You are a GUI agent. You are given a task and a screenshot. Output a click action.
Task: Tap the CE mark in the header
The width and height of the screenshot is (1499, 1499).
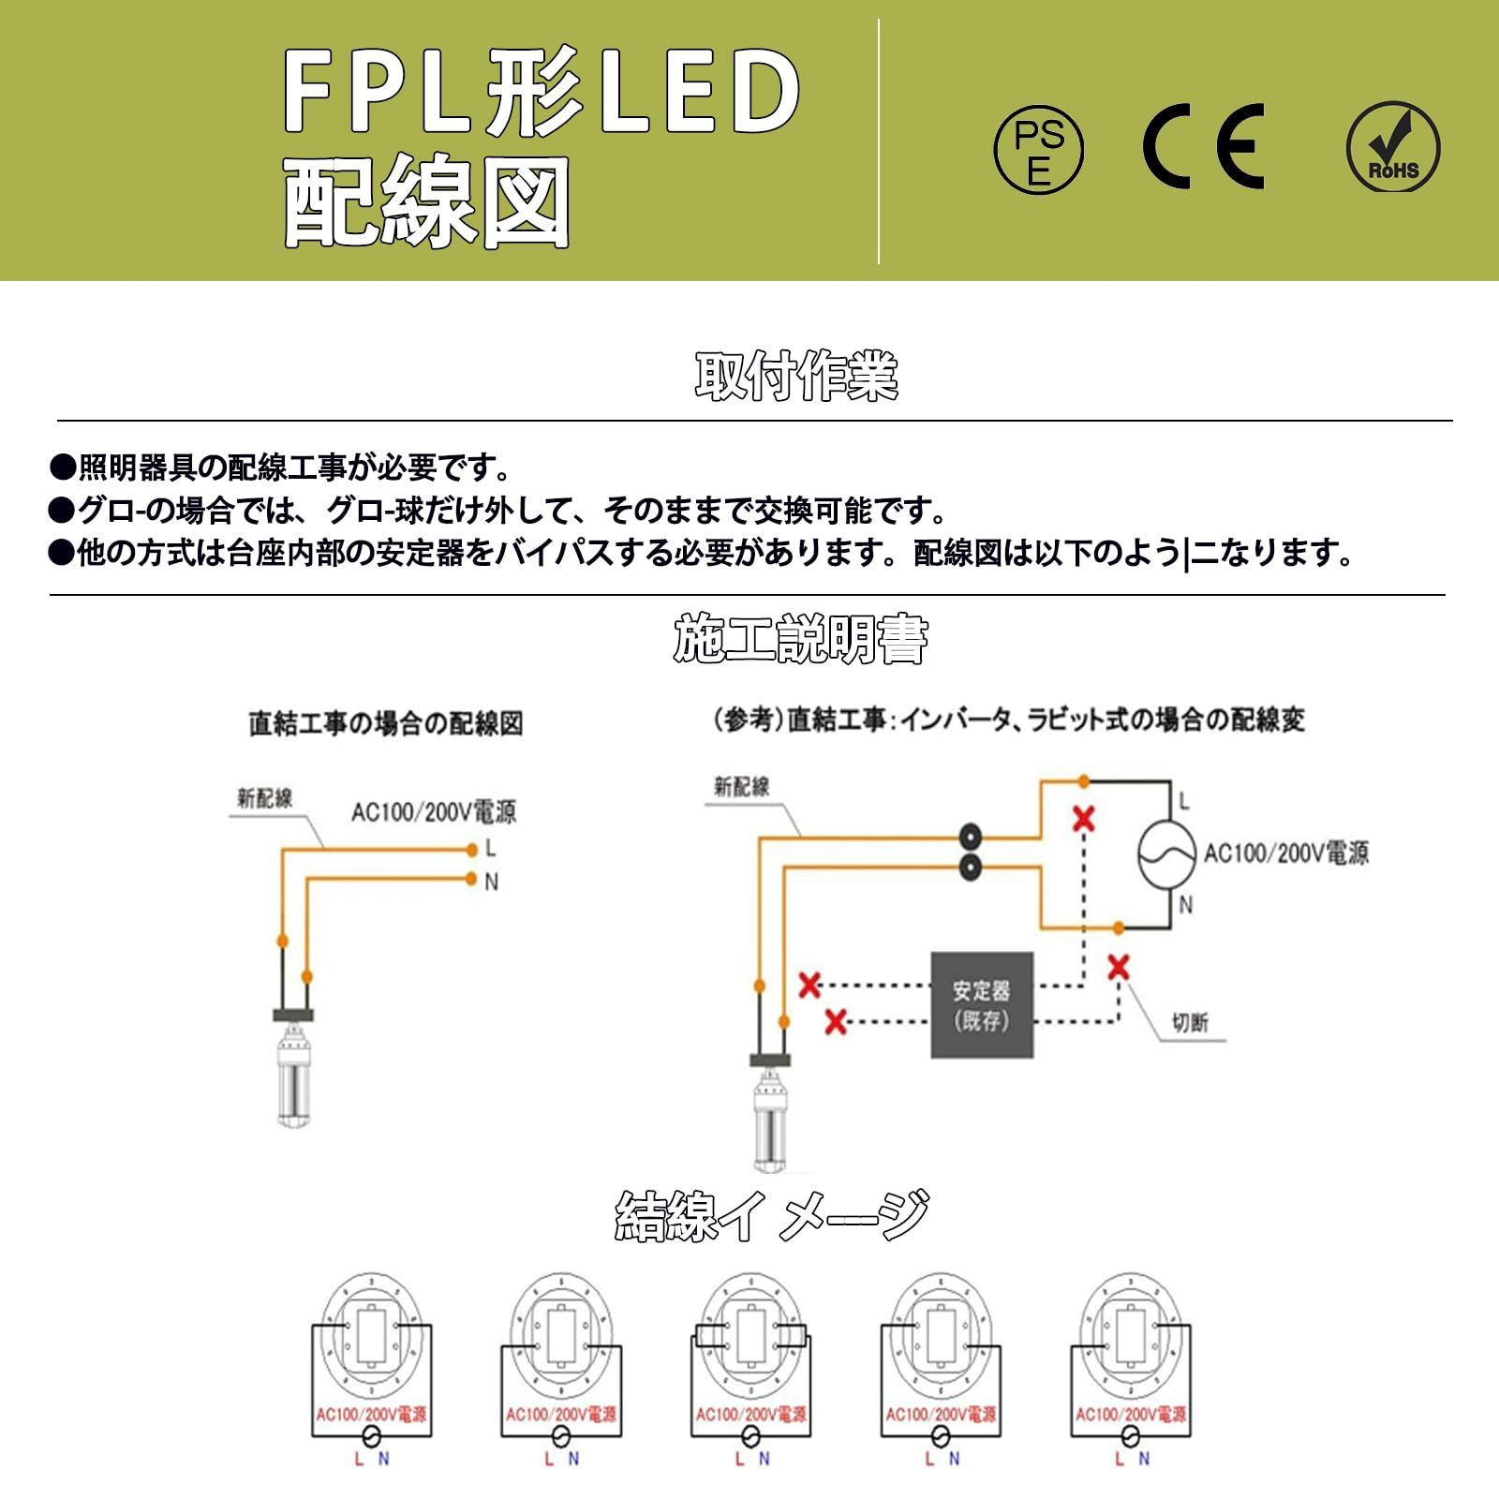[x=1203, y=147]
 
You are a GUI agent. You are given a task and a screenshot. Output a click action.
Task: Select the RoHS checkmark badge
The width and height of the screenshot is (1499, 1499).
[x=1393, y=148]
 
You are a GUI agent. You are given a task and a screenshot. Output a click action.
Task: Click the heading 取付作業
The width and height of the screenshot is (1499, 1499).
[x=797, y=377]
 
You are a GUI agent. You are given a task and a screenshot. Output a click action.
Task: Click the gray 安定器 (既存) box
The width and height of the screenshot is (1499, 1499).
[x=982, y=1005]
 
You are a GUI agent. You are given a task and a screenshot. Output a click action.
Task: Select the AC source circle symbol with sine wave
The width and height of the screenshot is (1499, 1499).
[x=1166, y=853]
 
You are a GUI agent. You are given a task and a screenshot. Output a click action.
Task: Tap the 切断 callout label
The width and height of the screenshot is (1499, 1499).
[x=1190, y=1022]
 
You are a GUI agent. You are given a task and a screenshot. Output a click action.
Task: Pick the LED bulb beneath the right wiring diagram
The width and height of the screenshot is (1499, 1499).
[x=771, y=1120]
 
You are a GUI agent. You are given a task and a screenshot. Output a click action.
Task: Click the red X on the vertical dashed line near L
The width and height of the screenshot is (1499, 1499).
[x=1084, y=820]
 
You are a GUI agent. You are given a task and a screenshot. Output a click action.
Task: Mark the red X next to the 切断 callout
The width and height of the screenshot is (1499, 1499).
[x=1118, y=967]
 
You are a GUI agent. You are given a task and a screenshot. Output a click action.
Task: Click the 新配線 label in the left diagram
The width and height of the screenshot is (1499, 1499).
[x=264, y=798]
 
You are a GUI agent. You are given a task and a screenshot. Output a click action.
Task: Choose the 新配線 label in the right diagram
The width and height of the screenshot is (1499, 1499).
[x=741, y=786]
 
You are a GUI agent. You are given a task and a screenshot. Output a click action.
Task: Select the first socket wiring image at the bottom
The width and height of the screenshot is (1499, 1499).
[x=372, y=1368]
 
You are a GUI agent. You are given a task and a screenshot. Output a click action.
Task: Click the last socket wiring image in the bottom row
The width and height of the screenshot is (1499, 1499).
[x=1131, y=1368]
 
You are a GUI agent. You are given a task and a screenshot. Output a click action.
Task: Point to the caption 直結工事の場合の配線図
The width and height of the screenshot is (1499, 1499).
[x=386, y=723]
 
